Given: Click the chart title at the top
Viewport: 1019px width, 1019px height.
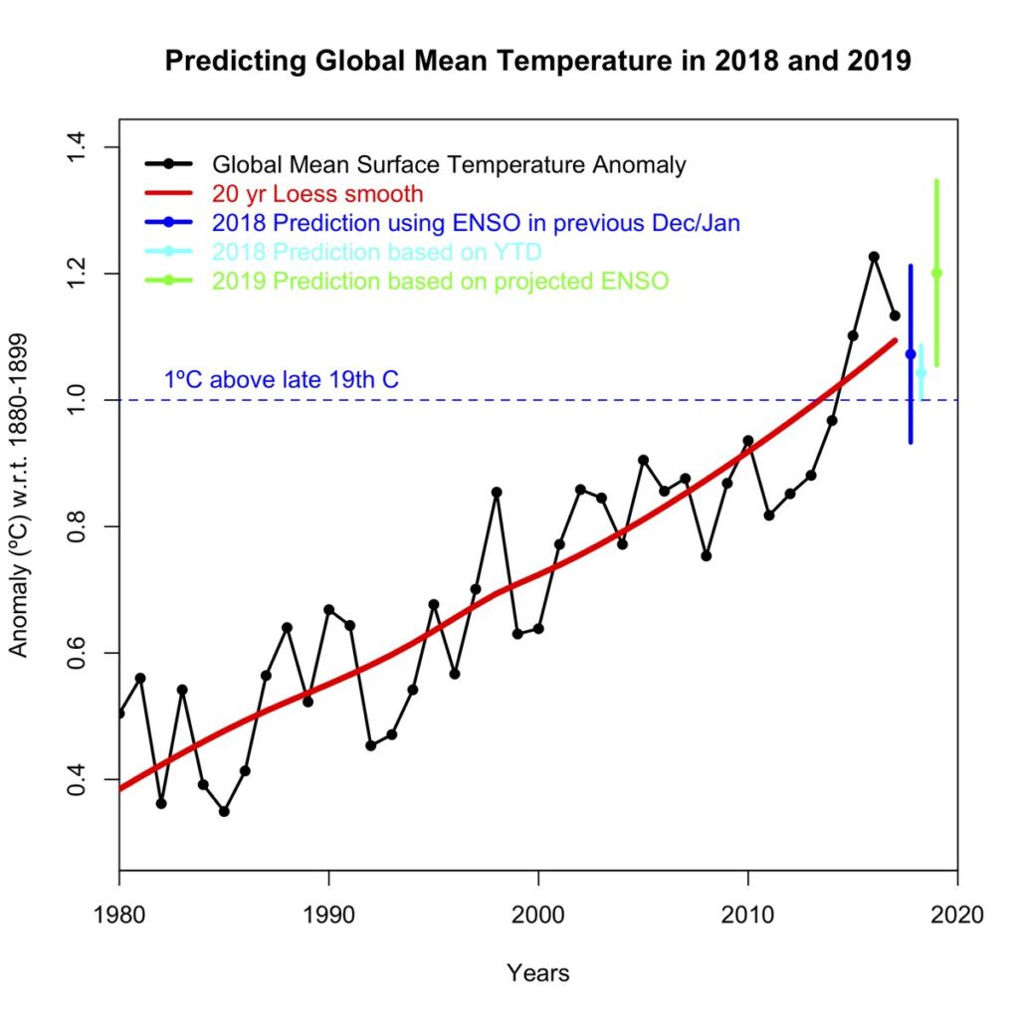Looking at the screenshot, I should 537,62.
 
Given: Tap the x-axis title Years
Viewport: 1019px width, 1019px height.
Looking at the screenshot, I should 537,972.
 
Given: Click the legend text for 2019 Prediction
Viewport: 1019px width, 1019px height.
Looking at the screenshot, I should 440,282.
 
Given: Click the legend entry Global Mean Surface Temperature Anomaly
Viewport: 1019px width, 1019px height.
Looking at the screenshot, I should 448,164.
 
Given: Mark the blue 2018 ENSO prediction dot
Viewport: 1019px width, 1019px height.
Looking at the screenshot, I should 911,354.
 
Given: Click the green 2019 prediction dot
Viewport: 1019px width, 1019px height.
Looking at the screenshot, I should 936,274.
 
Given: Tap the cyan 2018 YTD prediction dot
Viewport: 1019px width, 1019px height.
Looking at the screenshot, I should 921,373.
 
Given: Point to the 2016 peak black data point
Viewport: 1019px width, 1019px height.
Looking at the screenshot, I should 874,257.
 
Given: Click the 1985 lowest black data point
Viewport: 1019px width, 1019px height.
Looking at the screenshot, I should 224,811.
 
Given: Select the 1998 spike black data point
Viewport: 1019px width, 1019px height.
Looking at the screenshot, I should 497,492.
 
